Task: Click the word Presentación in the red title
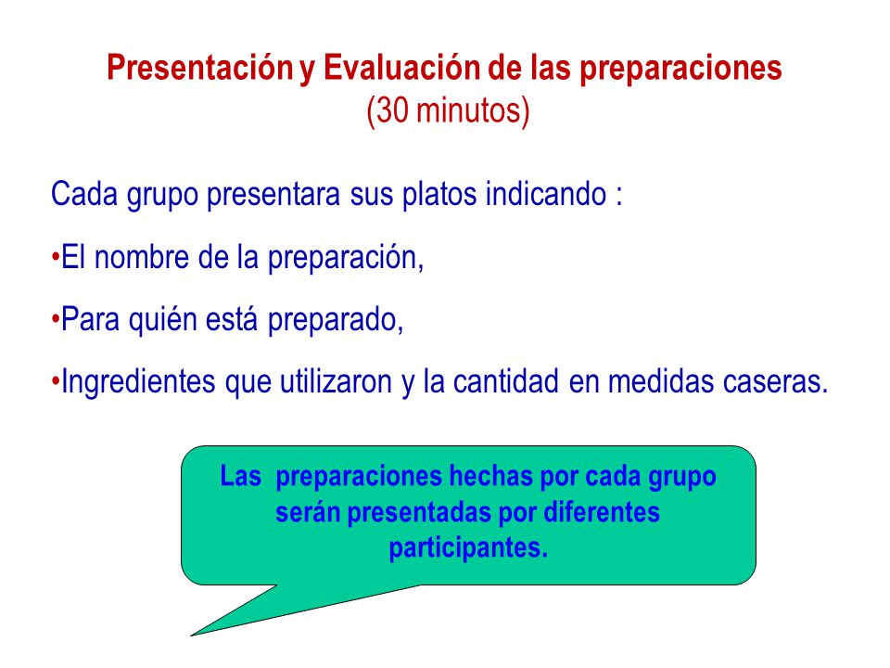[200, 68]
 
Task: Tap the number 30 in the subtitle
[392, 109]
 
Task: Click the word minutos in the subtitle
[468, 109]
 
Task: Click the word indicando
[546, 194]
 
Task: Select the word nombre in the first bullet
[141, 257]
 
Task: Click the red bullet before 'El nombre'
[55, 257]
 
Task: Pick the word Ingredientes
[138, 381]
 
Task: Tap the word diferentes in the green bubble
[602, 512]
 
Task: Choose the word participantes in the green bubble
[468, 548]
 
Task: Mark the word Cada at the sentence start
[84, 194]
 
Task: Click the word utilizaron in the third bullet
[336, 381]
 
